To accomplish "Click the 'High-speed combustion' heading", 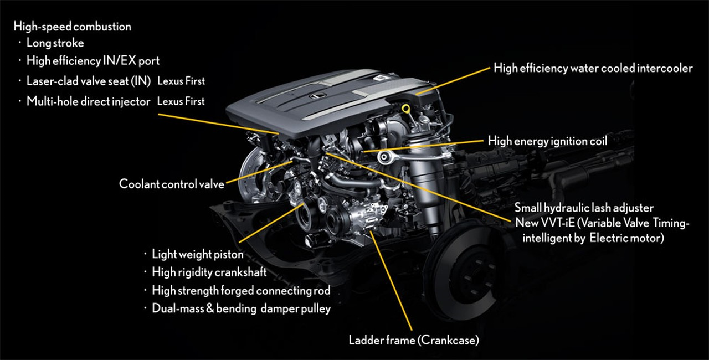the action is tap(72, 27).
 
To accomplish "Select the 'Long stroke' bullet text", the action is tap(55, 43).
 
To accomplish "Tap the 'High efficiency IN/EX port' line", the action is tap(93, 61).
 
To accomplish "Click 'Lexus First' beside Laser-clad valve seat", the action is tap(181, 81).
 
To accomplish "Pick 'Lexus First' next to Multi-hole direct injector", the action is tap(181, 101).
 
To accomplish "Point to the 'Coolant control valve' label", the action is tap(172, 184).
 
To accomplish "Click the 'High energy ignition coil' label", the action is tap(548, 141).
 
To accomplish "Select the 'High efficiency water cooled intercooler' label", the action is tap(593, 68).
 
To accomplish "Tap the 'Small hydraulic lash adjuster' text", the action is tap(584, 208).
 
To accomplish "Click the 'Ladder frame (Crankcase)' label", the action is tap(414, 341).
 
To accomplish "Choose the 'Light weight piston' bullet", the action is tap(198, 254).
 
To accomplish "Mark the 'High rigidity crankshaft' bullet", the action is tap(209, 272).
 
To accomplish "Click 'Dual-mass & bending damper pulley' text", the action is tap(241, 308).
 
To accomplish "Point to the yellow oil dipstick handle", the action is tap(406, 109).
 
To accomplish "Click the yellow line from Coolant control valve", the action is tap(259, 172).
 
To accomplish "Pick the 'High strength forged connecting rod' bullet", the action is tap(241, 290).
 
